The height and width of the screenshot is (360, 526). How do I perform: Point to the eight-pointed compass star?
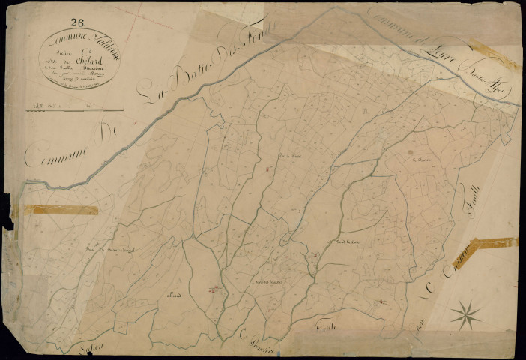point(465,313)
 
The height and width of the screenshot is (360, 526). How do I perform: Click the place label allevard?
point(172,295)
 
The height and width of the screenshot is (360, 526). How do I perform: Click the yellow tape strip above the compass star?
point(495,243)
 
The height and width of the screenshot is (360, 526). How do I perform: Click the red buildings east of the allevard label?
point(215,288)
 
